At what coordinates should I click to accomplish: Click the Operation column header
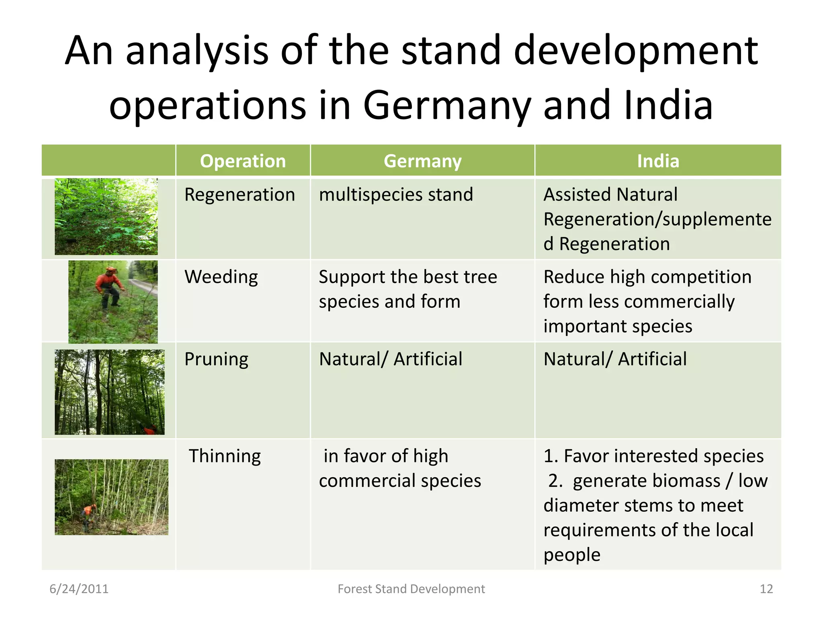[x=243, y=161]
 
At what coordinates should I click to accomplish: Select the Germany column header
[x=422, y=161]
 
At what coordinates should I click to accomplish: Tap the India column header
[x=658, y=161]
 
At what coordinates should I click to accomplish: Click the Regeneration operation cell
[x=240, y=195]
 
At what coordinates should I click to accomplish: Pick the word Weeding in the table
[x=221, y=277]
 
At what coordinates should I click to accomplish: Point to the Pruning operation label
[x=216, y=360]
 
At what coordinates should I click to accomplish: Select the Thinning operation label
[x=225, y=456]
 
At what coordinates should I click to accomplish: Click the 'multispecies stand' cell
[x=396, y=195]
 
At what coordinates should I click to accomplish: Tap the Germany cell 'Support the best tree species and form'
[x=407, y=289]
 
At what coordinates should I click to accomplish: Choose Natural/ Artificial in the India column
[x=615, y=359]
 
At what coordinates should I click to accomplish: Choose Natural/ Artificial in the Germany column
[x=390, y=359]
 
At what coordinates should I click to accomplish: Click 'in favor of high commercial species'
[x=399, y=468]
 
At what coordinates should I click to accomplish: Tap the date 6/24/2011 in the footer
[x=79, y=589]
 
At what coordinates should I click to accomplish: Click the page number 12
[x=766, y=589]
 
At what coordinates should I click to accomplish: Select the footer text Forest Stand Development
[x=411, y=589]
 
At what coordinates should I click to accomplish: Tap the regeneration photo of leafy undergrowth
[x=106, y=217]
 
